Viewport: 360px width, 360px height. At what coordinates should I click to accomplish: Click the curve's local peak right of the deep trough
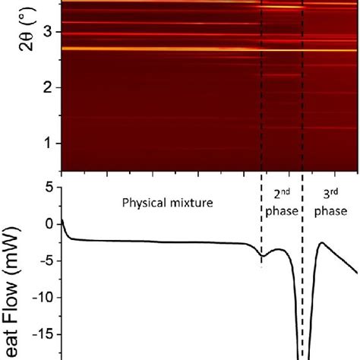tap(321, 243)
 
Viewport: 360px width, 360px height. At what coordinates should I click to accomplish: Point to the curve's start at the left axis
tap(62, 219)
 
